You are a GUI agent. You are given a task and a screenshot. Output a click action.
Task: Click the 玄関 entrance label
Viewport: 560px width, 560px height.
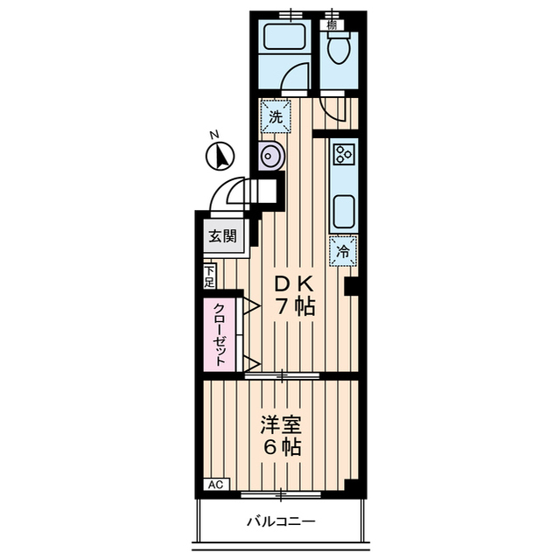(222, 235)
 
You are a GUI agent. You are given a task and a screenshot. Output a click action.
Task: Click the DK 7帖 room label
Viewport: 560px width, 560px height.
(294, 296)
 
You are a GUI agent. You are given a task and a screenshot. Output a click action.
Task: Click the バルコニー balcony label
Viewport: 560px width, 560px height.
(280, 522)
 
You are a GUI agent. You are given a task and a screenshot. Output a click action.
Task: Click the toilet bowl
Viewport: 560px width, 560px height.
(338, 48)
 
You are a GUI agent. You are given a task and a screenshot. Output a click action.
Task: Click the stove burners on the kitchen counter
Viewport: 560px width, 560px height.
(343, 155)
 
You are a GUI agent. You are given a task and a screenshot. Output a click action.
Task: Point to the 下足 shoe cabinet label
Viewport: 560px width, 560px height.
(209, 276)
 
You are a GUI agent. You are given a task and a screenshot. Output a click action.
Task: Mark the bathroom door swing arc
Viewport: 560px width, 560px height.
(295, 79)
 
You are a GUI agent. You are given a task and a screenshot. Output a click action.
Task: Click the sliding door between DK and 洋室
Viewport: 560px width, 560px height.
(282, 377)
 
